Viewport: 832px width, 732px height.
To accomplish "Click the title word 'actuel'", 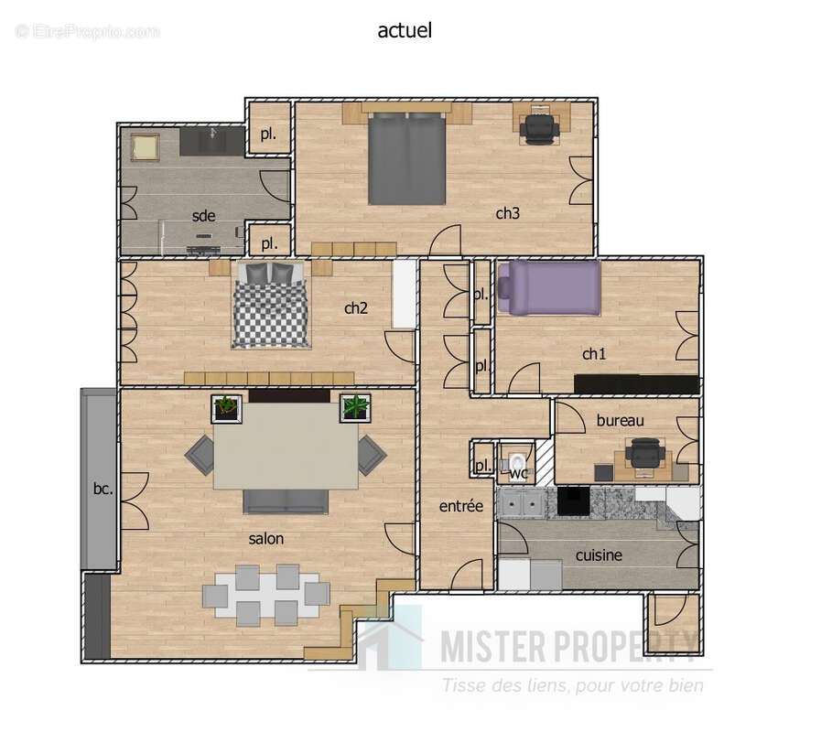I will pyautogui.click(x=404, y=30).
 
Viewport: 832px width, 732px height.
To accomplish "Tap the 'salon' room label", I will pyautogui.click(x=265, y=539).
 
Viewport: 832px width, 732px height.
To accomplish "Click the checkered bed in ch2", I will pyautogui.click(x=270, y=306).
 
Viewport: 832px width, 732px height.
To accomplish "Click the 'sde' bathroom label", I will pyautogui.click(x=203, y=216).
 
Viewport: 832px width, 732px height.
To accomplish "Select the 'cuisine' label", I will pyautogui.click(x=599, y=555).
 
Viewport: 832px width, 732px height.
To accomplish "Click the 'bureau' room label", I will pyautogui.click(x=620, y=421).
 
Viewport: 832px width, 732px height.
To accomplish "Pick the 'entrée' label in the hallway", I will pyautogui.click(x=460, y=506).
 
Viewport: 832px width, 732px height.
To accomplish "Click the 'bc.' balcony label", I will pyautogui.click(x=103, y=489).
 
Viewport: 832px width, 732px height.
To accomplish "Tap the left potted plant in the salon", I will pyautogui.click(x=226, y=407).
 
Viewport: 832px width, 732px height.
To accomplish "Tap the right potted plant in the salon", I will pyautogui.click(x=355, y=407).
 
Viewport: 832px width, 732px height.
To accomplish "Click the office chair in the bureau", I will pyautogui.click(x=646, y=453).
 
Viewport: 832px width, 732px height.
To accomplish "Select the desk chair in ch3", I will pyautogui.click(x=538, y=127).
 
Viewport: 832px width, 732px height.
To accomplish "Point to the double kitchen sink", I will pyautogui.click(x=521, y=502).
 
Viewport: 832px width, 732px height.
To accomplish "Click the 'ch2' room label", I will pyautogui.click(x=355, y=308).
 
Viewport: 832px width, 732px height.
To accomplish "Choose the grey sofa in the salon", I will pyautogui.click(x=285, y=501).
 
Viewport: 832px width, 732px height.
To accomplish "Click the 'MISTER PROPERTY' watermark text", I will pyautogui.click(x=567, y=647).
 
